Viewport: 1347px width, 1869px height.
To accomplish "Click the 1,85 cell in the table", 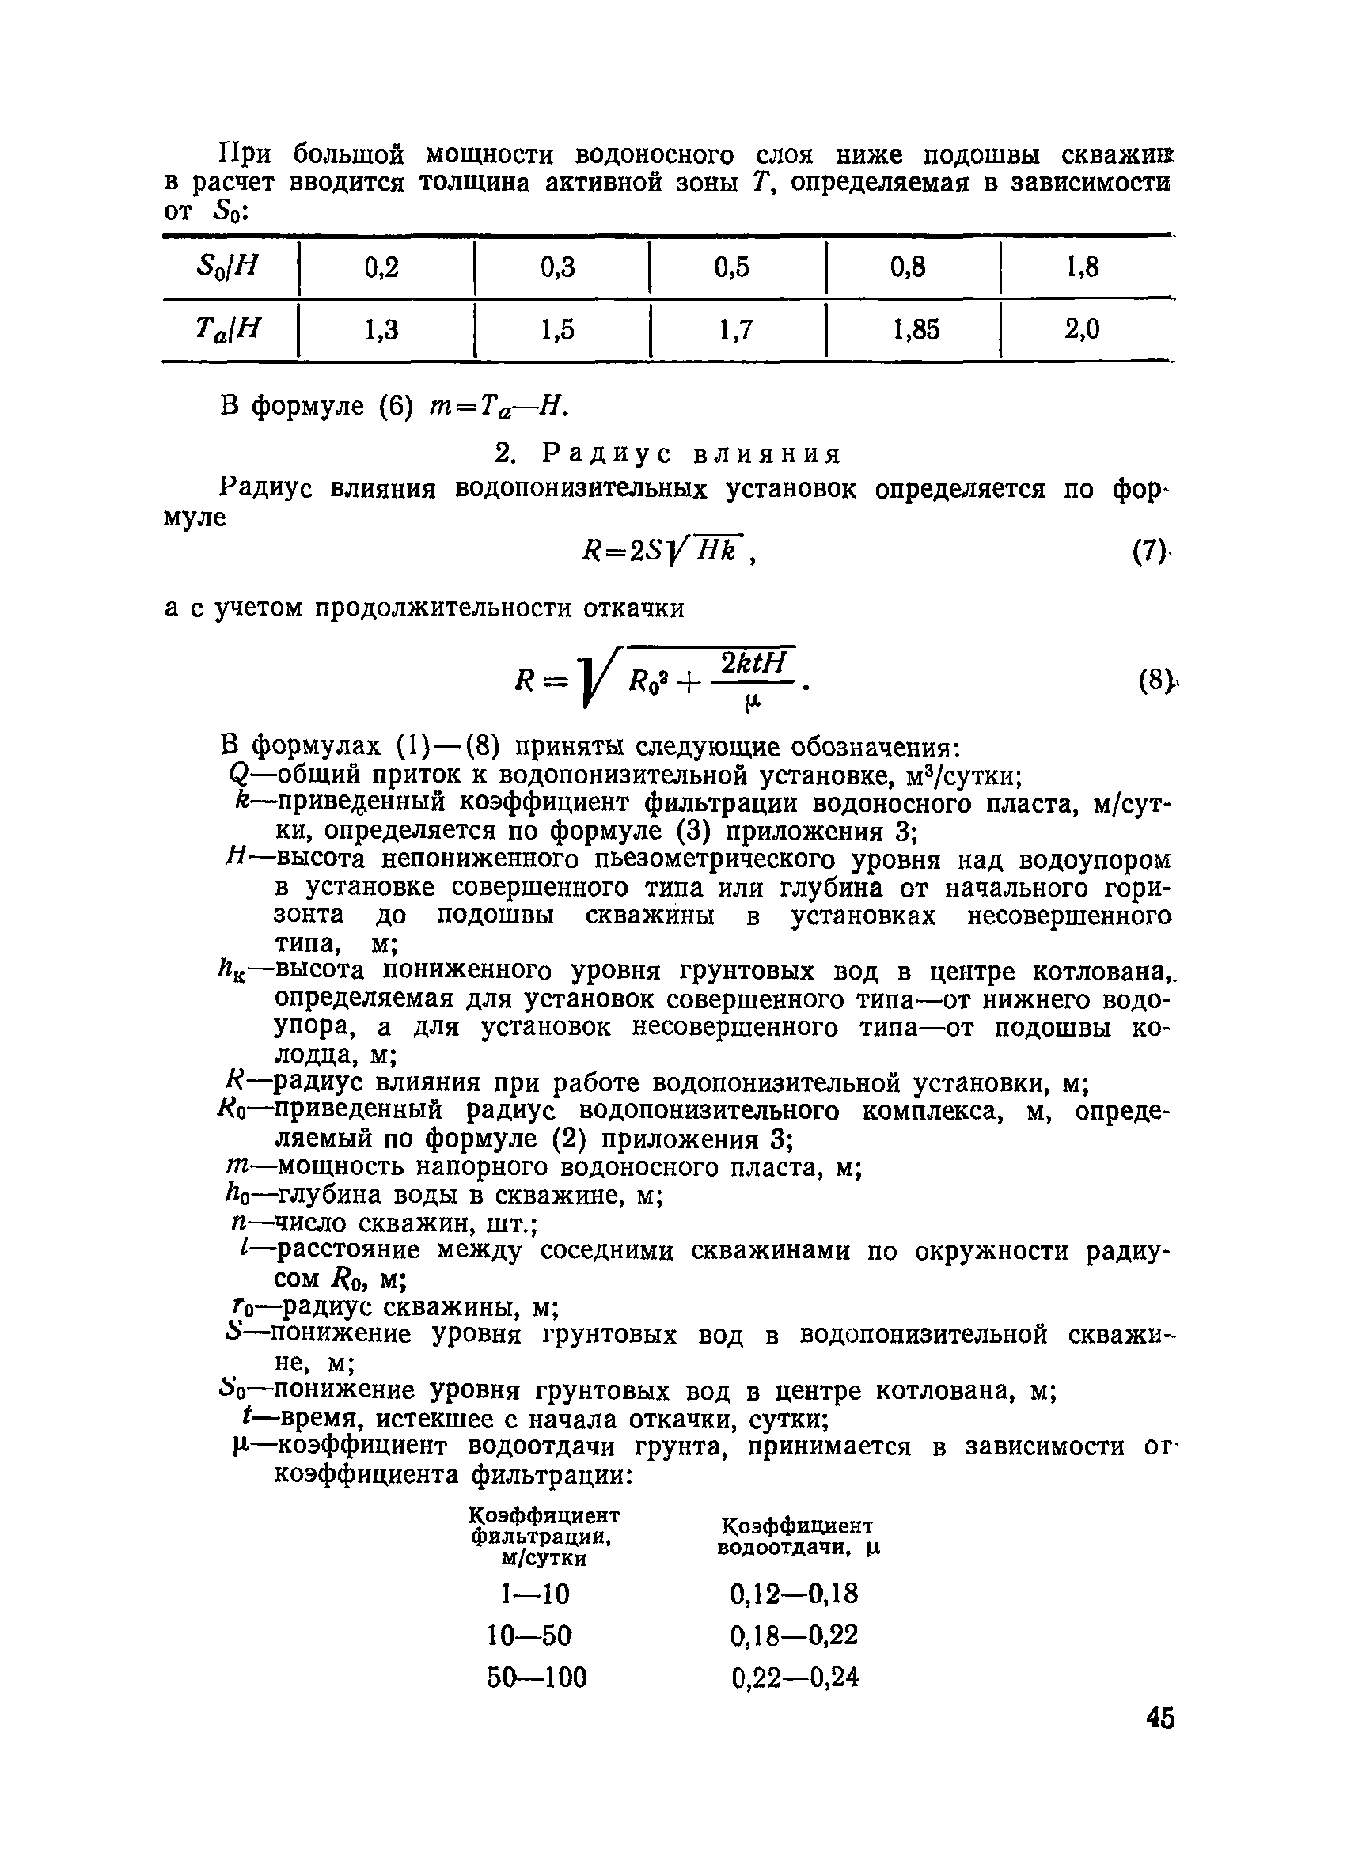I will pos(915,331).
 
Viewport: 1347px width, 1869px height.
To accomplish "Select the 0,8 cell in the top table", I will pos(908,267).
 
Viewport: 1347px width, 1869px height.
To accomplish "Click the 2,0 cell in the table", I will pos(1082,331).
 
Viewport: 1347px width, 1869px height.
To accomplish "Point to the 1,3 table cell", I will pos(381,331).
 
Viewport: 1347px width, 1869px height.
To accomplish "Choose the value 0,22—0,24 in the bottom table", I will pos(795,1677).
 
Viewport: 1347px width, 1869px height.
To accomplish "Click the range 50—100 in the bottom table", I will pos(537,1677).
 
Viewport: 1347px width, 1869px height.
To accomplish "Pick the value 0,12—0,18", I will pos(794,1594).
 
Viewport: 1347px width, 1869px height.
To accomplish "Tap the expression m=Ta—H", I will pos(499,406).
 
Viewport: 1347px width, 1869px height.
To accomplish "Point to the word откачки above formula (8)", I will pos(633,608).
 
